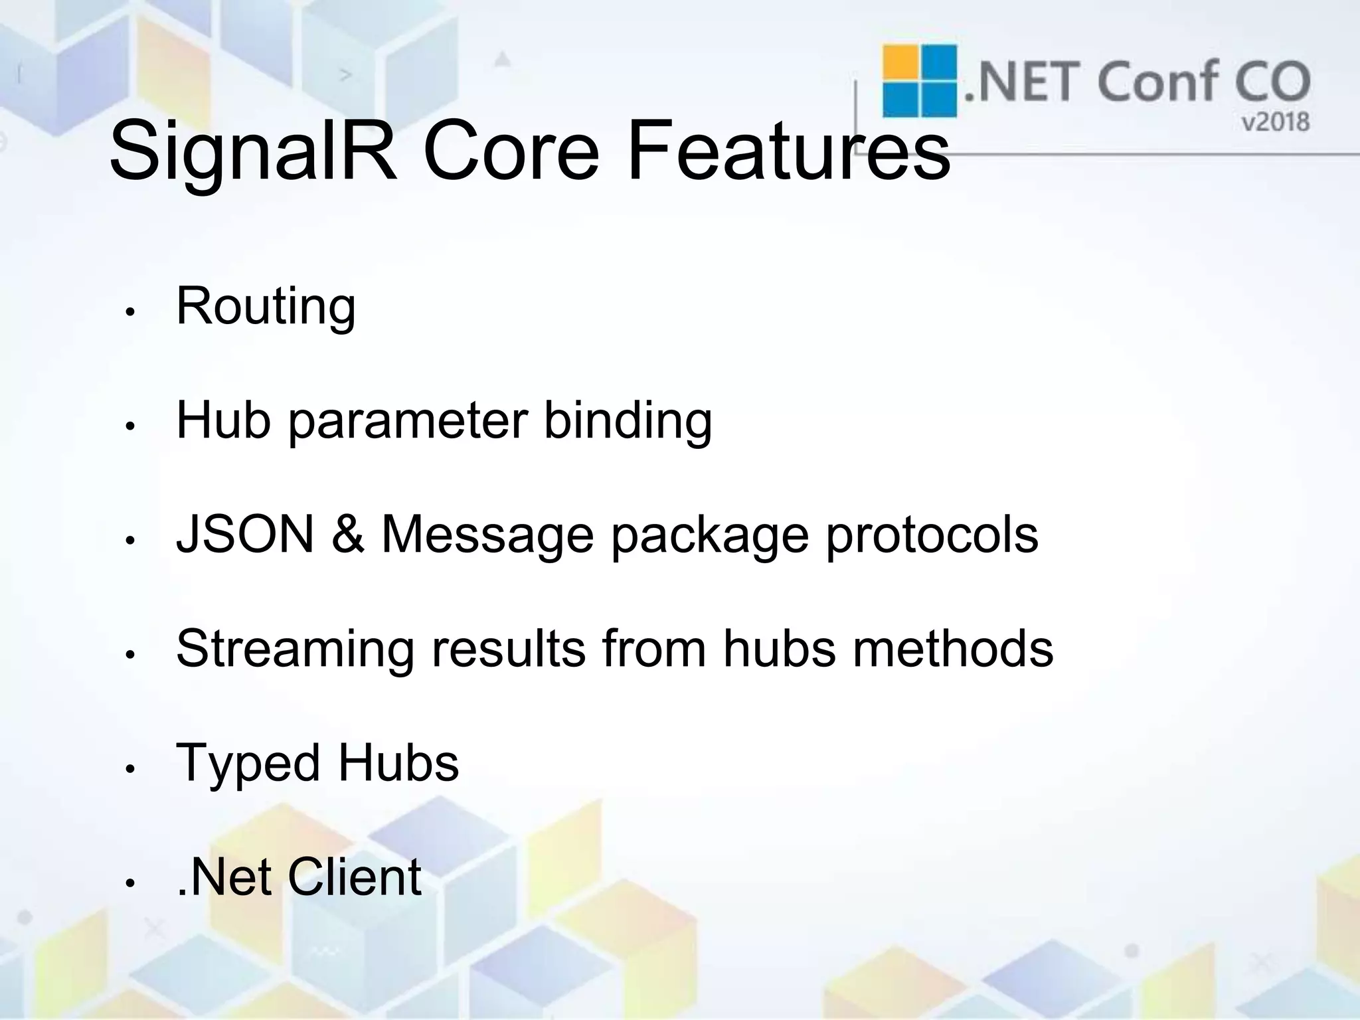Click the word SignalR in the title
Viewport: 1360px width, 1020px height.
pos(253,151)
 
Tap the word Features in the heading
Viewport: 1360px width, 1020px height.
pos(788,151)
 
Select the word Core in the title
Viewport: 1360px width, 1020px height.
pos(511,151)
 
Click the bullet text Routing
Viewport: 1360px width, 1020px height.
pos(266,307)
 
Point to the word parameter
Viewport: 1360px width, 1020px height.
pos(408,422)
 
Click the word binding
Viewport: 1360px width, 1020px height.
pos(628,422)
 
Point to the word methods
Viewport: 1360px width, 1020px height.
pos(953,649)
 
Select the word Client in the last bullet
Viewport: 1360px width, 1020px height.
pos(354,877)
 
